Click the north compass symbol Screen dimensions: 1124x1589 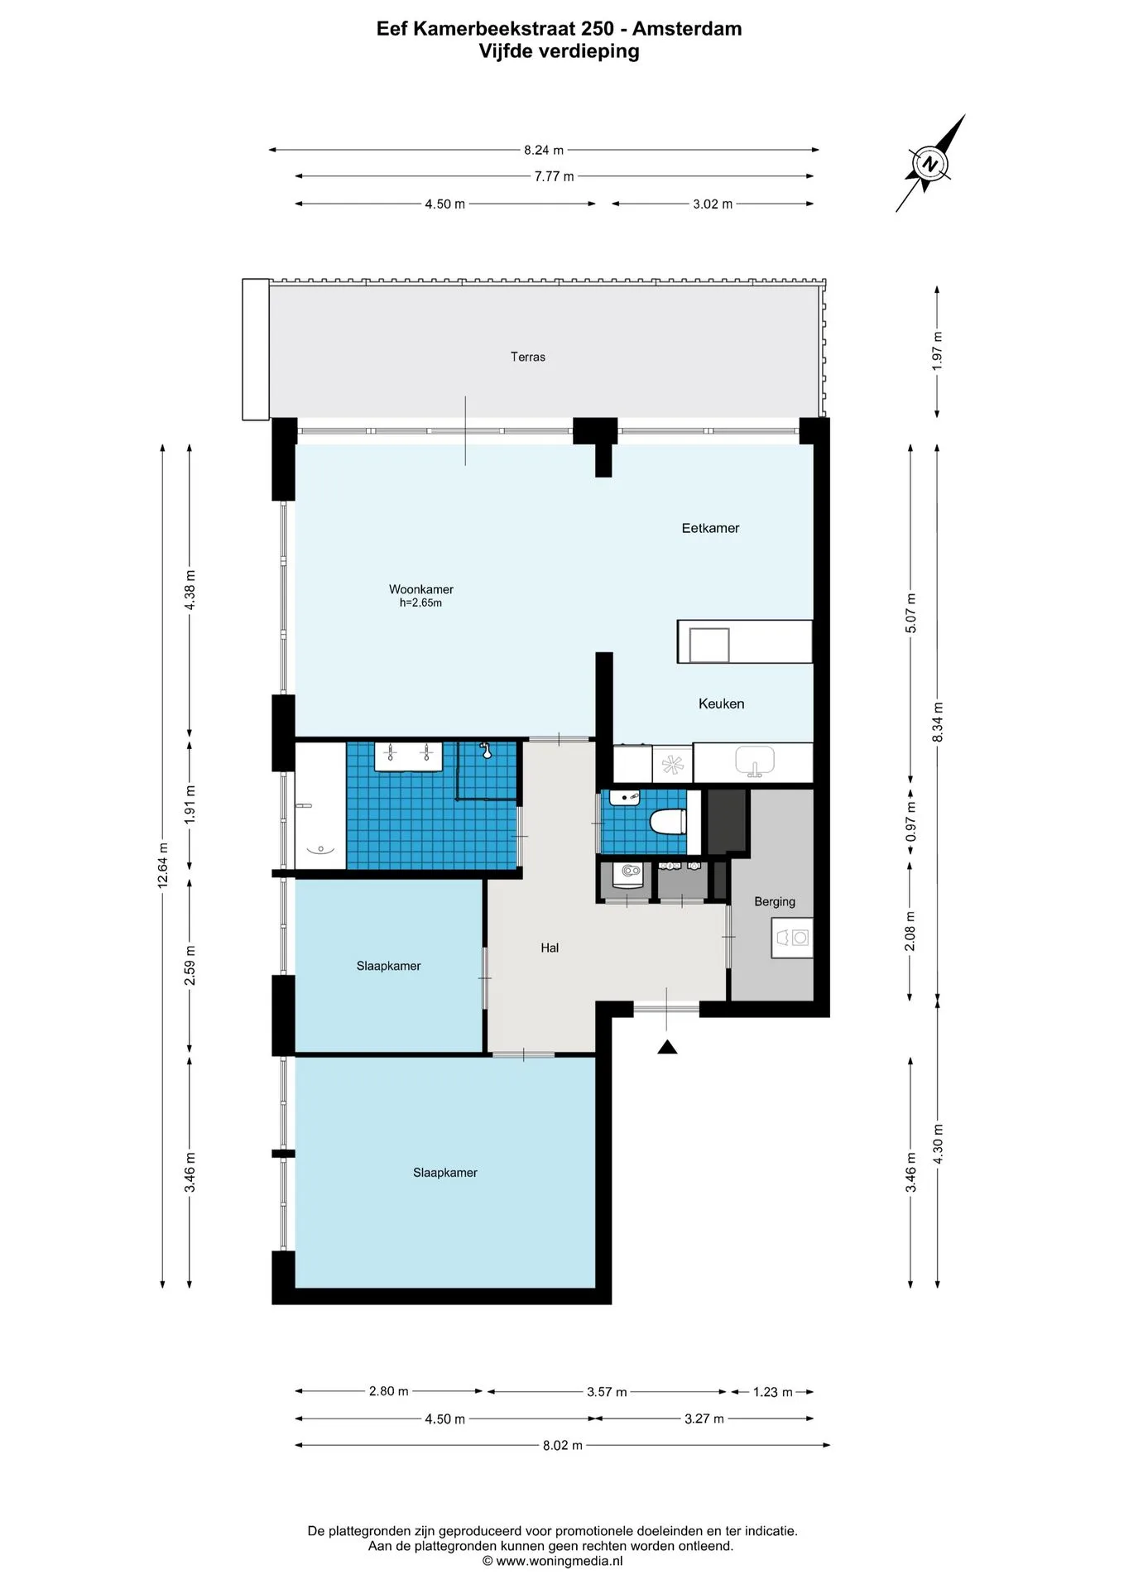click(930, 163)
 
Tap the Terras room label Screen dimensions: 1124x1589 click(528, 357)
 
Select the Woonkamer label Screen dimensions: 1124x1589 click(421, 589)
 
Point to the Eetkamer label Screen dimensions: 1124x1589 click(710, 528)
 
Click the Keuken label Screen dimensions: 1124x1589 click(721, 703)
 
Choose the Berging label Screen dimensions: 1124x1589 click(775, 901)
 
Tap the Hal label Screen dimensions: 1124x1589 click(550, 948)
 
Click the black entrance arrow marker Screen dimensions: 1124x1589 click(667, 1047)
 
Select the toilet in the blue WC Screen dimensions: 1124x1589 click(668, 822)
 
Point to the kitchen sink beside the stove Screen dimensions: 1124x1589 click(755, 761)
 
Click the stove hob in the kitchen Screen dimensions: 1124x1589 click(673, 764)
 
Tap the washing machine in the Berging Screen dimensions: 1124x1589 click(792, 938)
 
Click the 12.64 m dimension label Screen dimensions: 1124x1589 click(163, 866)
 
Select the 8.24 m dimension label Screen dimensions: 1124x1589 click(544, 150)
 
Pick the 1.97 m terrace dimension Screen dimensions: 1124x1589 click(937, 351)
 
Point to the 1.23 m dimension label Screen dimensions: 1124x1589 click(773, 1392)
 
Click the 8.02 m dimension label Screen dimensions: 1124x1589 click(563, 1445)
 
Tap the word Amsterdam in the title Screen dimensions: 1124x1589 click(687, 29)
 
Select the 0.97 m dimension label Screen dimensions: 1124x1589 click(910, 822)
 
